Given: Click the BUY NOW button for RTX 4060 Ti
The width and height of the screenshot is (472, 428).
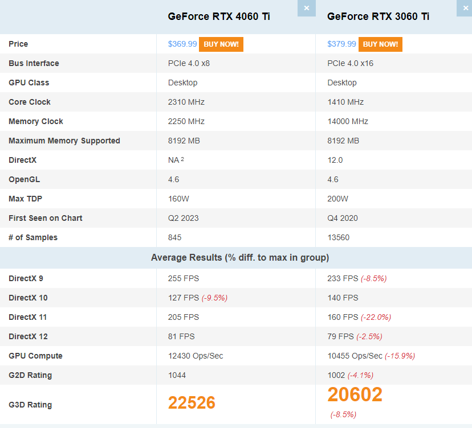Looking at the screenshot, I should [221, 44].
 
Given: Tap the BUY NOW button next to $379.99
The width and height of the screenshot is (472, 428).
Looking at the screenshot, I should [380, 44].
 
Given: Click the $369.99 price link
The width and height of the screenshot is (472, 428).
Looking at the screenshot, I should [182, 44].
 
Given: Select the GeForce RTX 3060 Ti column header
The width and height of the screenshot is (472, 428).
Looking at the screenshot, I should [378, 17].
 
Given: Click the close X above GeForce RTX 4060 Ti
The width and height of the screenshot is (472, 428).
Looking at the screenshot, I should [307, 8].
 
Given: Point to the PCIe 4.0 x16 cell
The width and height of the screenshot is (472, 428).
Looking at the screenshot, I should [350, 63].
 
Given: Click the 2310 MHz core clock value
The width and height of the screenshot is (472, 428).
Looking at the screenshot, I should [186, 102].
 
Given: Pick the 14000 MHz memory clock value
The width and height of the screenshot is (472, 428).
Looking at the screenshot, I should [348, 121].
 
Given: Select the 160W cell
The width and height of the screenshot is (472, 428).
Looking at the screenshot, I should [178, 199].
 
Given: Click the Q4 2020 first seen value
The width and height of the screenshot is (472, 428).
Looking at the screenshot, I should [343, 218].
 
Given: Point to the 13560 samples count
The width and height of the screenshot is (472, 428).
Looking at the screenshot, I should [339, 237].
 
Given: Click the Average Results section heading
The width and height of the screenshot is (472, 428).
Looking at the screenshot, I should [239, 258].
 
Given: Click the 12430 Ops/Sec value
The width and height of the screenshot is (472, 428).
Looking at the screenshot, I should [196, 356].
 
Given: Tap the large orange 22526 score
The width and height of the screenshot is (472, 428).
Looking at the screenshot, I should [192, 403].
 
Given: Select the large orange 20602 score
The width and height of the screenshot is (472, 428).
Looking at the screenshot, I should [355, 394].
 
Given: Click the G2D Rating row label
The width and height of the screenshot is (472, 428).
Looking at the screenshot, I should [30, 375].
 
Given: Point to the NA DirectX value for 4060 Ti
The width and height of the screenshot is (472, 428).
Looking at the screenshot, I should [174, 160].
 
